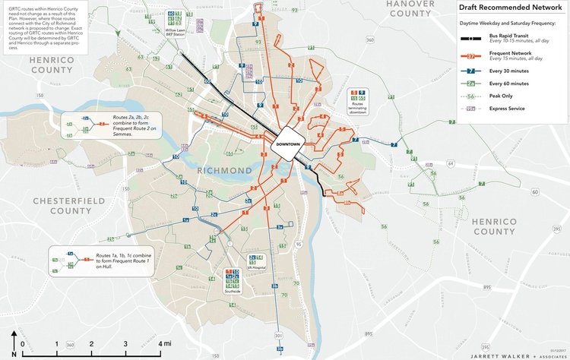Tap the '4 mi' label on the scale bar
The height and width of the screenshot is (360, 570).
click(164, 344)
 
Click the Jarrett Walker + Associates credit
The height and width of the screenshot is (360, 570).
click(522, 355)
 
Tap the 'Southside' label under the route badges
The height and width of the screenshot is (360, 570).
click(233, 291)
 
